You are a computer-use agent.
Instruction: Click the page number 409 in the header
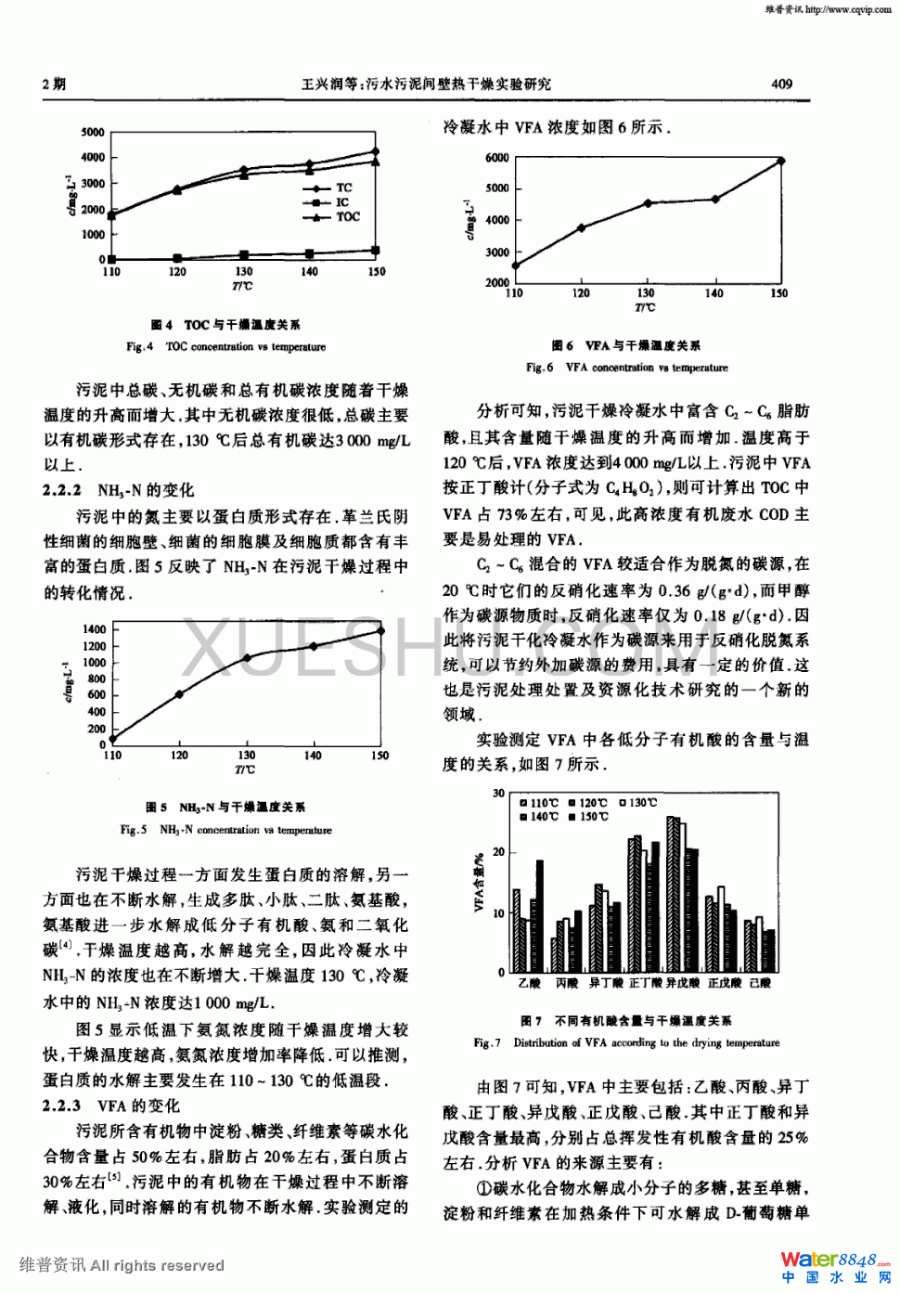(781, 84)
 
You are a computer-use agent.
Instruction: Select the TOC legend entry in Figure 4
(347, 217)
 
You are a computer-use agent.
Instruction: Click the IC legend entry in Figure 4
(341, 202)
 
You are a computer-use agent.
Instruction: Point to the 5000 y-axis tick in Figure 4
(93, 133)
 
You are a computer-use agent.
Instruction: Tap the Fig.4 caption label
(139, 346)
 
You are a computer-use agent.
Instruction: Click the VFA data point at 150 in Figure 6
(780, 161)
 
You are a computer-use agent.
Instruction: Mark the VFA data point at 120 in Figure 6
(581, 227)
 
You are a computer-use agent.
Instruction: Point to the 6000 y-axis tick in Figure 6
(497, 158)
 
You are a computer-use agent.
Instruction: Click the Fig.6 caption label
(539, 368)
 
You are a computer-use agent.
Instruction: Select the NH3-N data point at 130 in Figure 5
(246, 657)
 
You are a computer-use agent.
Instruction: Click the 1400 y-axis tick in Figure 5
(95, 629)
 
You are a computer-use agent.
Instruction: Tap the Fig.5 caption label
(134, 830)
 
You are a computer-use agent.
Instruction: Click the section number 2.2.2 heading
(62, 491)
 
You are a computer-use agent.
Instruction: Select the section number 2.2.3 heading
(62, 1106)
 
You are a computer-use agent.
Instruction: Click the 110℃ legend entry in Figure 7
(544, 803)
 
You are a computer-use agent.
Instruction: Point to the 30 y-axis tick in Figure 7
(498, 794)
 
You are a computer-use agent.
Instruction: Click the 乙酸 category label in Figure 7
(529, 983)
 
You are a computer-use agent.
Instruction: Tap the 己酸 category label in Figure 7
(759, 983)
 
